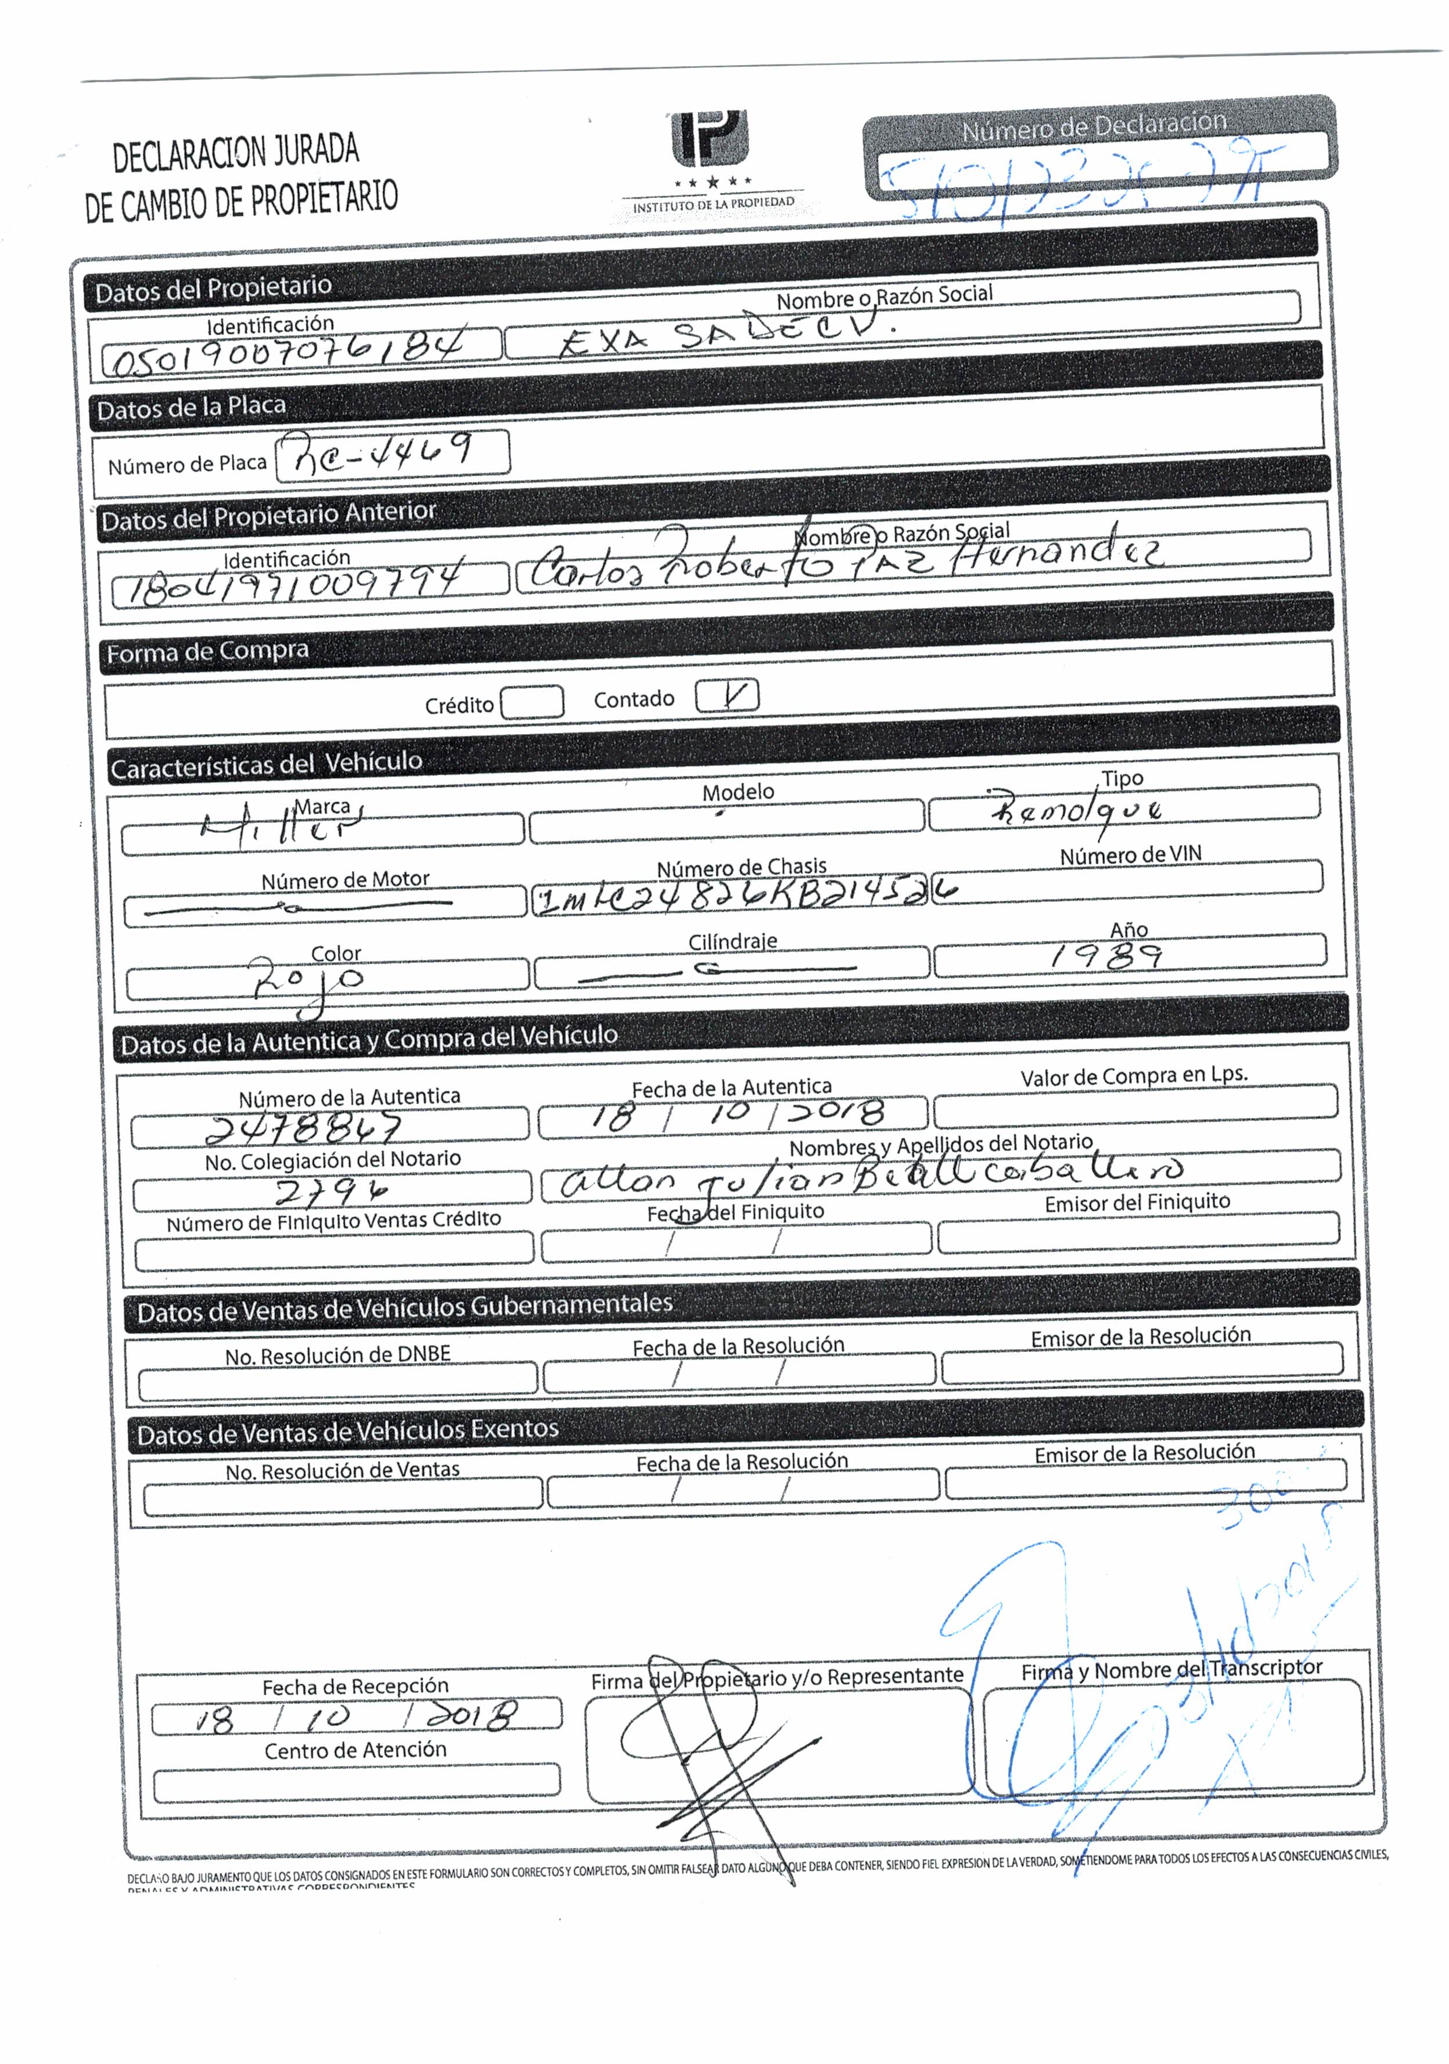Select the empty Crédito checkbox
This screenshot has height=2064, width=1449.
pos(532,702)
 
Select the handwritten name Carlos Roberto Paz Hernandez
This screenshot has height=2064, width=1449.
pos(845,562)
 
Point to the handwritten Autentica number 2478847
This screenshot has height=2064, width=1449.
pos(304,1127)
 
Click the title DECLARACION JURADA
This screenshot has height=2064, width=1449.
pos(236,152)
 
